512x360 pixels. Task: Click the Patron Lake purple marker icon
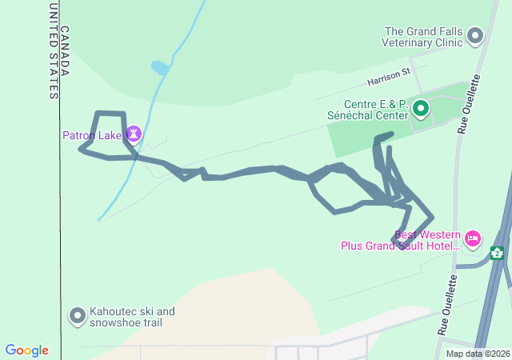(x=134, y=134)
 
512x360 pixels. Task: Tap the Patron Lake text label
(x=91, y=135)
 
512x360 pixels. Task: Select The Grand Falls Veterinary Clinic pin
(x=476, y=35)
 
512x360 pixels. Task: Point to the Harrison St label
(x=389, y=78)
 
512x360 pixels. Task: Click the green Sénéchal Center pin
(x=420, y=108)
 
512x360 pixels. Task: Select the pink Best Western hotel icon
(x=473, y=238)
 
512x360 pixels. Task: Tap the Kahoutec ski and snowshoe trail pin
(x=78, y=317)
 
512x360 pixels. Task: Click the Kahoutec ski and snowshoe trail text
(x=132, y=317)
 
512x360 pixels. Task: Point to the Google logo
(x=26, y=350)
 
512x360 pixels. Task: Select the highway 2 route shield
(x=497, y=254)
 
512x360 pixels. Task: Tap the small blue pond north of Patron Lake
(x=160, y=68)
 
